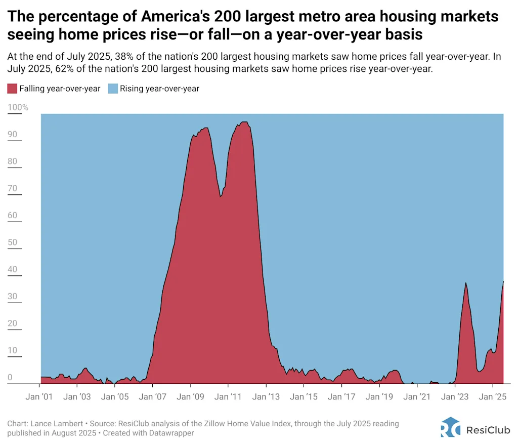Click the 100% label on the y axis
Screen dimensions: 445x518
click(18, 108)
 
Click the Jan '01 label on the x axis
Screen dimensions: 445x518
click(39, 396)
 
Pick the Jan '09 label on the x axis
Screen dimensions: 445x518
click(191, 396)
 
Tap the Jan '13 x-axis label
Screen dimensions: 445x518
click(266, 396)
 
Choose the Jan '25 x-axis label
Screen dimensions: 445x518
click(493, 396)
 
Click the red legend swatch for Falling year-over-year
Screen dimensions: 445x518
click(12, 89)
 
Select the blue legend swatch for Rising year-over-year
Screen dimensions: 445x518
click(112, 89)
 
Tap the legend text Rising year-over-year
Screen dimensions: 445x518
click(159, 89)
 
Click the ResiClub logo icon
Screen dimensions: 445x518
click(451, 427)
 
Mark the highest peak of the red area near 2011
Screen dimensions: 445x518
click(244, 122)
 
